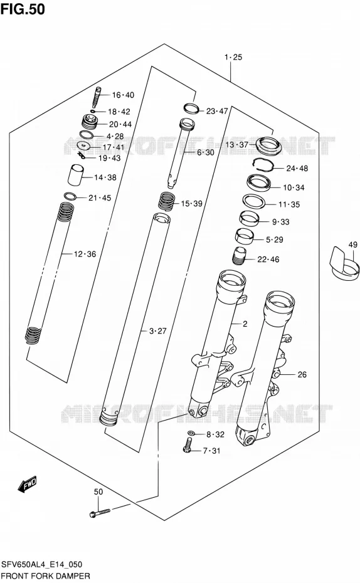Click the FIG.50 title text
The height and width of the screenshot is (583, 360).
pos(23,9)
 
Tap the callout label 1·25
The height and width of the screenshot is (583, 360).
pos(233,57)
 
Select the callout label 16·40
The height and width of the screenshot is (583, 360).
pos(123,95)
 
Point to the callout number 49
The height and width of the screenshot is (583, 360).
pos(353,244)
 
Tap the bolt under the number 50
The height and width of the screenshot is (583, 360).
pos(100,513)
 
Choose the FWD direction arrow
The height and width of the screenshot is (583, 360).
pos(28,484)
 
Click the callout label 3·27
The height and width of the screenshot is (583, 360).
pos(157,330)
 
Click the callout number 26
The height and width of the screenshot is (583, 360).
pos(302,374)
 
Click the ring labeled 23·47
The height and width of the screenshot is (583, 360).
pos(192,108)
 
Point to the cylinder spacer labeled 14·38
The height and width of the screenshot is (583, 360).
pos(77,174)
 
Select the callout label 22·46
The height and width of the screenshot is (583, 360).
pos(268,259)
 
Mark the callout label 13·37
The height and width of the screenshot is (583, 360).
pos(236,144)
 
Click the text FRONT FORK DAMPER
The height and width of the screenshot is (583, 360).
pos(46,576)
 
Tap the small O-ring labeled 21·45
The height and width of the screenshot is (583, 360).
pos(70,196)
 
